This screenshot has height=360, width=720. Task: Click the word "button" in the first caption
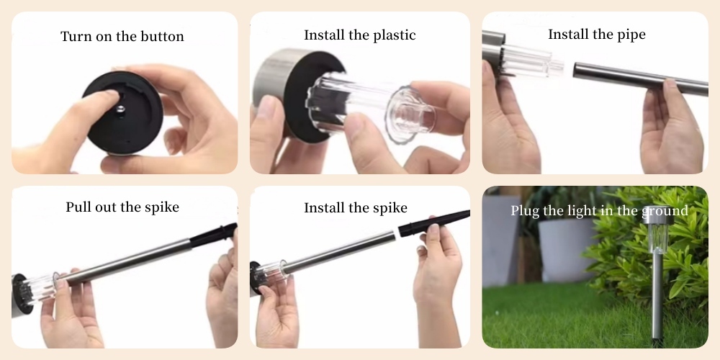click(x=158, y=36)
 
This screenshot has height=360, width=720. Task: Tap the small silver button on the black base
click(x=120, y=109)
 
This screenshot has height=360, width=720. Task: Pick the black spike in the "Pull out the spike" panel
click(x=213, y=235)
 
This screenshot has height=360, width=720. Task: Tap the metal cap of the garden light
click(x=658, y=215)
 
